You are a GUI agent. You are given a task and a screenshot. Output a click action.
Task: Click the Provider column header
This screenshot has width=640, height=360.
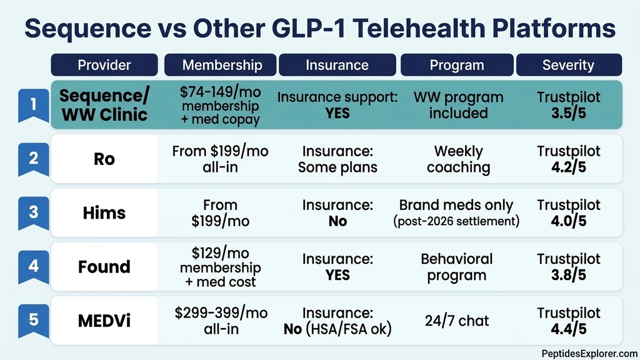pyautogui.click(x=104, y=65)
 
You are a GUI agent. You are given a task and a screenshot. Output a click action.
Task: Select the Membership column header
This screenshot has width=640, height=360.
pyautogui.click(x=222, y=65)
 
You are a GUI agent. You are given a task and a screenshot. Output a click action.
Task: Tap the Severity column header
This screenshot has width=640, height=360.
pyautogui.click(x=568, y=65)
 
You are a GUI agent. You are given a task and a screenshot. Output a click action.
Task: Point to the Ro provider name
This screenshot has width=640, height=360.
pyautogui.click(x=104, y=159)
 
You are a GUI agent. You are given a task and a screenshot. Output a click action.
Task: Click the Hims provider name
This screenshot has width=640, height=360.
pyautogui.click(x=104, y=212)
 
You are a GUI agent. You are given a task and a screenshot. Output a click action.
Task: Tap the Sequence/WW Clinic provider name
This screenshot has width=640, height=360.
pyautogui.click(x=104, y=105)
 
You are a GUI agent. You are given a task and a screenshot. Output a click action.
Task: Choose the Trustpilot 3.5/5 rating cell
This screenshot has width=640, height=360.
pyautogui.click(x=568, y=105)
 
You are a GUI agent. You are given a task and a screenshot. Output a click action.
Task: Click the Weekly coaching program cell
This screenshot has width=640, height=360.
pyautogui.click(x=458, y=159)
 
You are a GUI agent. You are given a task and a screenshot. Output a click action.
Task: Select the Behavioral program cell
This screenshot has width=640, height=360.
pyautogui.click(x=458, y=267)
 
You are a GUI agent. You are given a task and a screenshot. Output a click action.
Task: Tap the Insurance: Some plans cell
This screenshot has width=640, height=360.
pyautogui.click(x=337, y=159)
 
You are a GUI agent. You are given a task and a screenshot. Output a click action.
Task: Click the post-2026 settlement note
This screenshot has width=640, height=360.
pyautogui.click(x=458, y=221)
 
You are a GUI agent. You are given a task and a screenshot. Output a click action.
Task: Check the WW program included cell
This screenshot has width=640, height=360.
pyautogui.click(x=458, y=105)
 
